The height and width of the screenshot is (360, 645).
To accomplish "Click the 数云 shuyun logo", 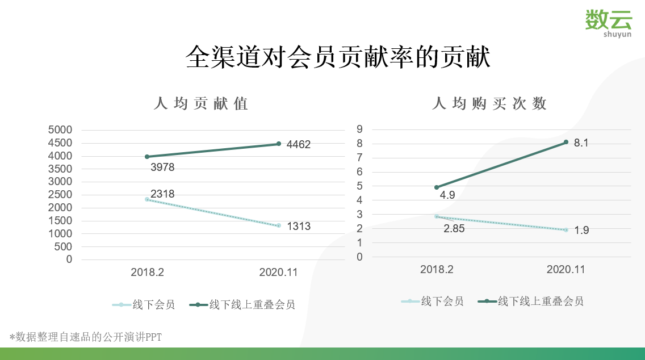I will point(609,23).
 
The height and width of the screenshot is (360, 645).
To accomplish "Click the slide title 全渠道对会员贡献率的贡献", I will point(338,57).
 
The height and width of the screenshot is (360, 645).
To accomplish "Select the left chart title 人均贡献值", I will point(201,104).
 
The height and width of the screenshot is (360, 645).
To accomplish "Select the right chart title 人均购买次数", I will point(489,103).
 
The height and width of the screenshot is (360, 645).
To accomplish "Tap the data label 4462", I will point(299,145).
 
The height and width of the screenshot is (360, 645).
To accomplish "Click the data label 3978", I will point(162,168).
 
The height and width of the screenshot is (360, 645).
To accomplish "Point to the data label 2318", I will point(162,194).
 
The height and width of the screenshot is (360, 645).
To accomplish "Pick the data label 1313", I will point(299,227).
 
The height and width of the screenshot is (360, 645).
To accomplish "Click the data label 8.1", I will point(581,143).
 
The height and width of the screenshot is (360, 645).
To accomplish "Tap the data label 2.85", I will point(454,229).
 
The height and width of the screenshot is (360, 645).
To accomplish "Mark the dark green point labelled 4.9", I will point(437,187).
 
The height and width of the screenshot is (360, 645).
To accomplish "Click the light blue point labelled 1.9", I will point(566,230).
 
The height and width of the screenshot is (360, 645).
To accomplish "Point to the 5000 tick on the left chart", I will point(61,130).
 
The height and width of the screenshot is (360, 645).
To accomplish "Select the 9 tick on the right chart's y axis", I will point(359,129).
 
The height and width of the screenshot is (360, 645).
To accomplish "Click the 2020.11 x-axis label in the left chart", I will point(278,273).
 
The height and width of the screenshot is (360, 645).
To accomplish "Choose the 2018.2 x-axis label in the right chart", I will point(437,270).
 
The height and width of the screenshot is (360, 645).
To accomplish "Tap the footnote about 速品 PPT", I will point(86,337).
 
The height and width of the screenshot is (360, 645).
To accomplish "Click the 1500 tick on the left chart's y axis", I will point(61,221).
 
